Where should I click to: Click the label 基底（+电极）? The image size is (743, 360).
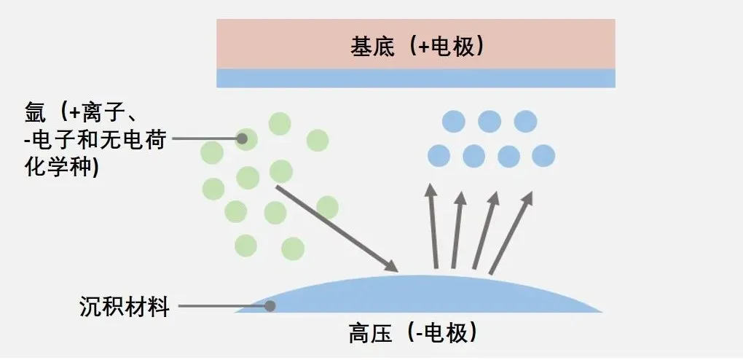click(x=417, y=46)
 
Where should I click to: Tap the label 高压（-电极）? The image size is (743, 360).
click(x=412, y=333)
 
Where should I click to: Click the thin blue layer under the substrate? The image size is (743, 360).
click(x=415, y=78)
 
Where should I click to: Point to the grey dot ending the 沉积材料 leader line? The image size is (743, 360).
click(x=270, y=306)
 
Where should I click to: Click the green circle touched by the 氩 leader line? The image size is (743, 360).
click(x=247, y=138)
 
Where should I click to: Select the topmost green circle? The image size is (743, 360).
click(x=280, y=124)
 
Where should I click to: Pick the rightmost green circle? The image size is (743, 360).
click(x=327, y=208)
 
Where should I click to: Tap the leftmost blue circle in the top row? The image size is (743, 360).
click(x=454, y=121)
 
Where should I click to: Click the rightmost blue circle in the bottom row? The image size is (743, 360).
click(x=543, y=155)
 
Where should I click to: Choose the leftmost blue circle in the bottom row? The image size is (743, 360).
click(x=439, y=155)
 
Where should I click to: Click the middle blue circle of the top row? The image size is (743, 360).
click(x=490, y=121)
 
